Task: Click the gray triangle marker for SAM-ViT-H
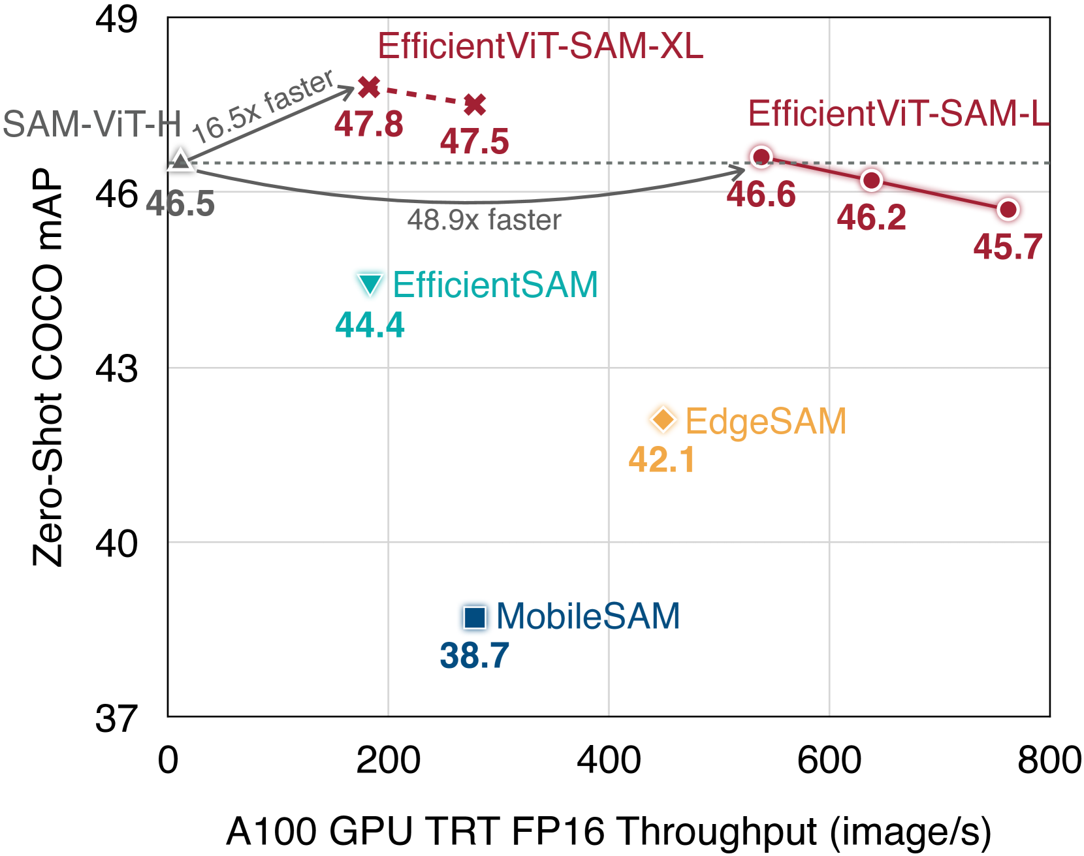coord(180,159)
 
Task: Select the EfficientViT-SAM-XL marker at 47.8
coord(369,86)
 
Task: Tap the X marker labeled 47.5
coord(475,104)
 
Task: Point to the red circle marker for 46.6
coord(761,157)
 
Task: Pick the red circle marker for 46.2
coord(871,180)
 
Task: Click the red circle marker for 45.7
coord(1008,210)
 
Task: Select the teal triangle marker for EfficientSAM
coord(370,284)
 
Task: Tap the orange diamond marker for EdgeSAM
coord(663,419)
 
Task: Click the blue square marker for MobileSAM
coord(475,616)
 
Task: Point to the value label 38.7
coord(474,656)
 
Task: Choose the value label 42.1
coord(662,460)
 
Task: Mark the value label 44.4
coord(370,325)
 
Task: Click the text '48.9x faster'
coord(484,221)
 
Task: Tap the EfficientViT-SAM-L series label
coord(898,114)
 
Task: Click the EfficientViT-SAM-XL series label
coord(540,46)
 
